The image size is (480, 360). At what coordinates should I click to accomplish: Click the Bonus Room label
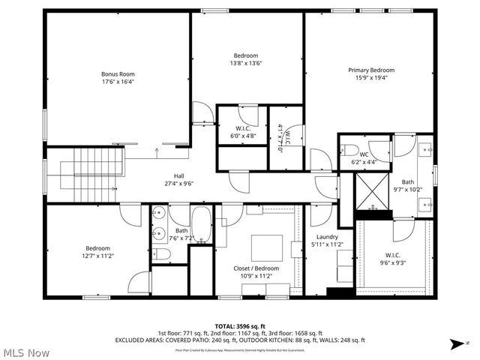pyautogui.click(x=118, y=79)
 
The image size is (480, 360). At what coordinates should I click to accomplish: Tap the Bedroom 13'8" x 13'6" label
pyautogui.click(x=246, y=60)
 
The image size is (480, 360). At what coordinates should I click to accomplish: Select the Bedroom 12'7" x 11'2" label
pyautogui.click(x=97, y=252)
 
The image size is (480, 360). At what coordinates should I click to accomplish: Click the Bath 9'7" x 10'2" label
pyautogui.click(x=407, y=186)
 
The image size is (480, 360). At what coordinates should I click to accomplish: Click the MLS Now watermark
pyautogui.click(x=25, y=352)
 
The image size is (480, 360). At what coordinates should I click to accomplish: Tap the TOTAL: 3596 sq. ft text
pyautogui.click(x=239, y=326)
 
